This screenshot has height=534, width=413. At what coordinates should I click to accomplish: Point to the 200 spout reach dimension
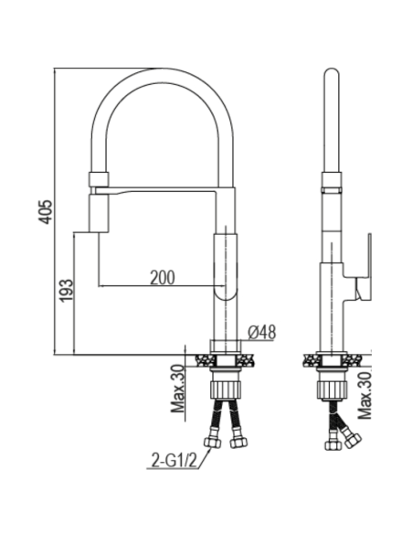164,276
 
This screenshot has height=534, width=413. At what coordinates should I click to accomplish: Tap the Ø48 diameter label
262,332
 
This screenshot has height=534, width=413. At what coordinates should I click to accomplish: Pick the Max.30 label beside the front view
176,389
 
